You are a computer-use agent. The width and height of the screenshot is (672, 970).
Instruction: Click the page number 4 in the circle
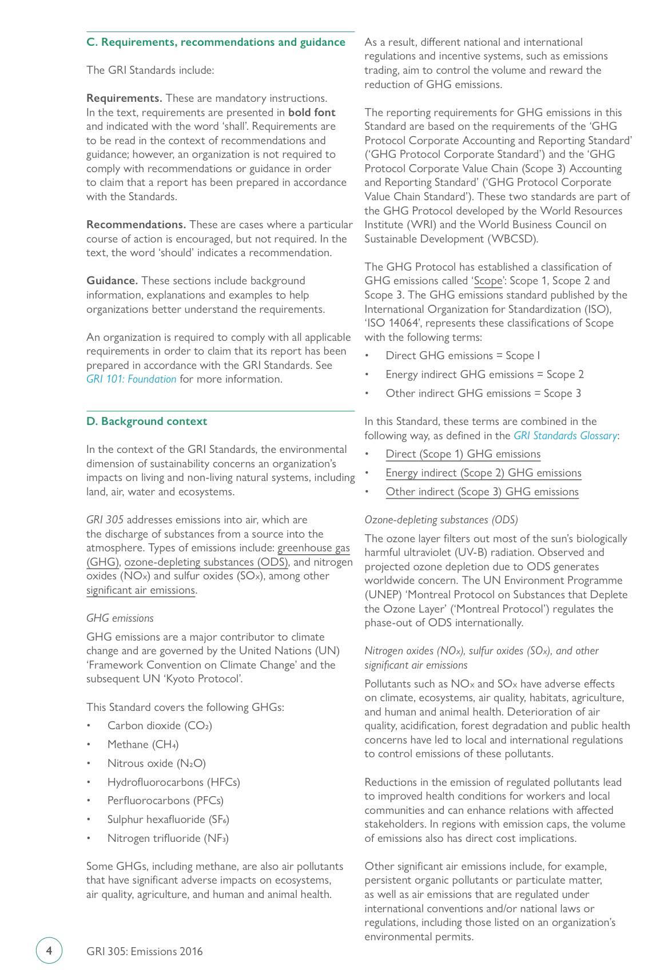[x=49, y=951]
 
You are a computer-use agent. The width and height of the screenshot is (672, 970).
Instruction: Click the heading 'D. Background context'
[x=146, y=422]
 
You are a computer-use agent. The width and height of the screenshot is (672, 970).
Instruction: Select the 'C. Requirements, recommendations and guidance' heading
[x=216, y=42]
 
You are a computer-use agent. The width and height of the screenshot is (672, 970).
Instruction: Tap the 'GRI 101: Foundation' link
[x=131, y=379]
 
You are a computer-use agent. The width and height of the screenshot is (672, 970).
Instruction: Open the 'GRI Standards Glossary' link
[x=565, y=436]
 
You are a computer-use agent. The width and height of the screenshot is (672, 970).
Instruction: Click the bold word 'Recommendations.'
[x=136, y=225]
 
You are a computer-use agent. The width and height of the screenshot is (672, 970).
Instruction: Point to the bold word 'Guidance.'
[x=112, y=281]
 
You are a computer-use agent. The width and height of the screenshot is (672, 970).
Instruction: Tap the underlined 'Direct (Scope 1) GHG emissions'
[x=463, y=454]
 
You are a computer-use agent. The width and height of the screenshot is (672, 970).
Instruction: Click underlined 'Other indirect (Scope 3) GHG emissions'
[x=482, y=492]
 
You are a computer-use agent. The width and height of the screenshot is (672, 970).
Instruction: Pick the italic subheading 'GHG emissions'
[x=120, y=618]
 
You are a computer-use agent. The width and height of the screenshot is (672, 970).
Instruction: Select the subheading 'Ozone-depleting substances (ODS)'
[x=441, y=520]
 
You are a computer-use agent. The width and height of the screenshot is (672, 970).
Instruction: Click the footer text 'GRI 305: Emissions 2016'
[x=145, y=952]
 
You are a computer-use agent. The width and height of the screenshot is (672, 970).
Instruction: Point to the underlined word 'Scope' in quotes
[x=488, y=281]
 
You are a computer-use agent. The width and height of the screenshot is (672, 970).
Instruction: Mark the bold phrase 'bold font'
[x=312, y=113]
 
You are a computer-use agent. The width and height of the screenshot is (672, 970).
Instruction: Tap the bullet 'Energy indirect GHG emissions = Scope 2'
[x=484, y=375]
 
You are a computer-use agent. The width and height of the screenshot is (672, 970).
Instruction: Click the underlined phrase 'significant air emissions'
[x=141, y=590]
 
